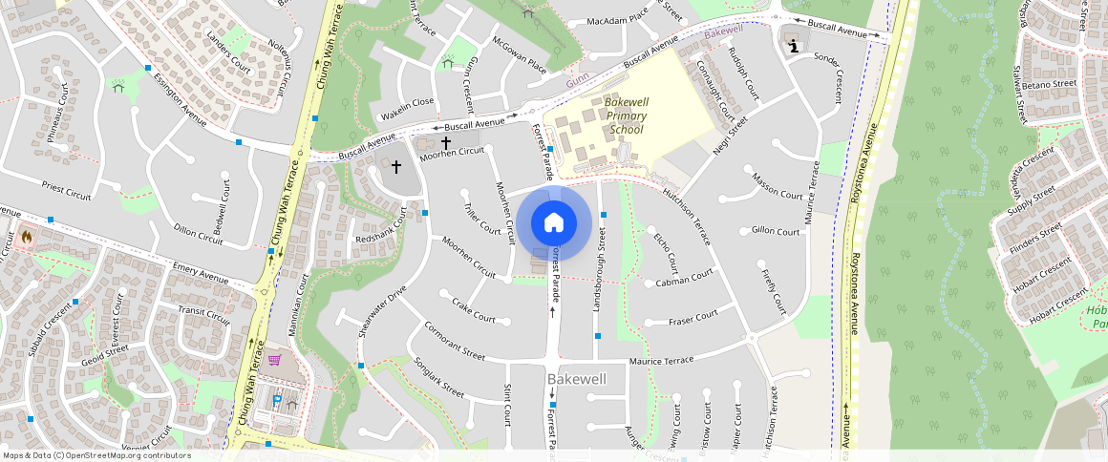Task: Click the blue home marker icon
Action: [x=553, y=223]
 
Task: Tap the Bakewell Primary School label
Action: [x=625, y=115]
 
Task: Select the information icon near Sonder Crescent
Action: [x=793, y=44]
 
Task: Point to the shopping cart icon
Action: [x=274, y=360]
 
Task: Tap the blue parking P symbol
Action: [x=277, y=402]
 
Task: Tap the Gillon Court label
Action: [x=775, y=231]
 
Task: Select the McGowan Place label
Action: [x=519, y=55]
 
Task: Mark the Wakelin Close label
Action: [x=407, y=101]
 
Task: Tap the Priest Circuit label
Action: [x=66, y=189]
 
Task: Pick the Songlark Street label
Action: [x=439, y=377]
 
